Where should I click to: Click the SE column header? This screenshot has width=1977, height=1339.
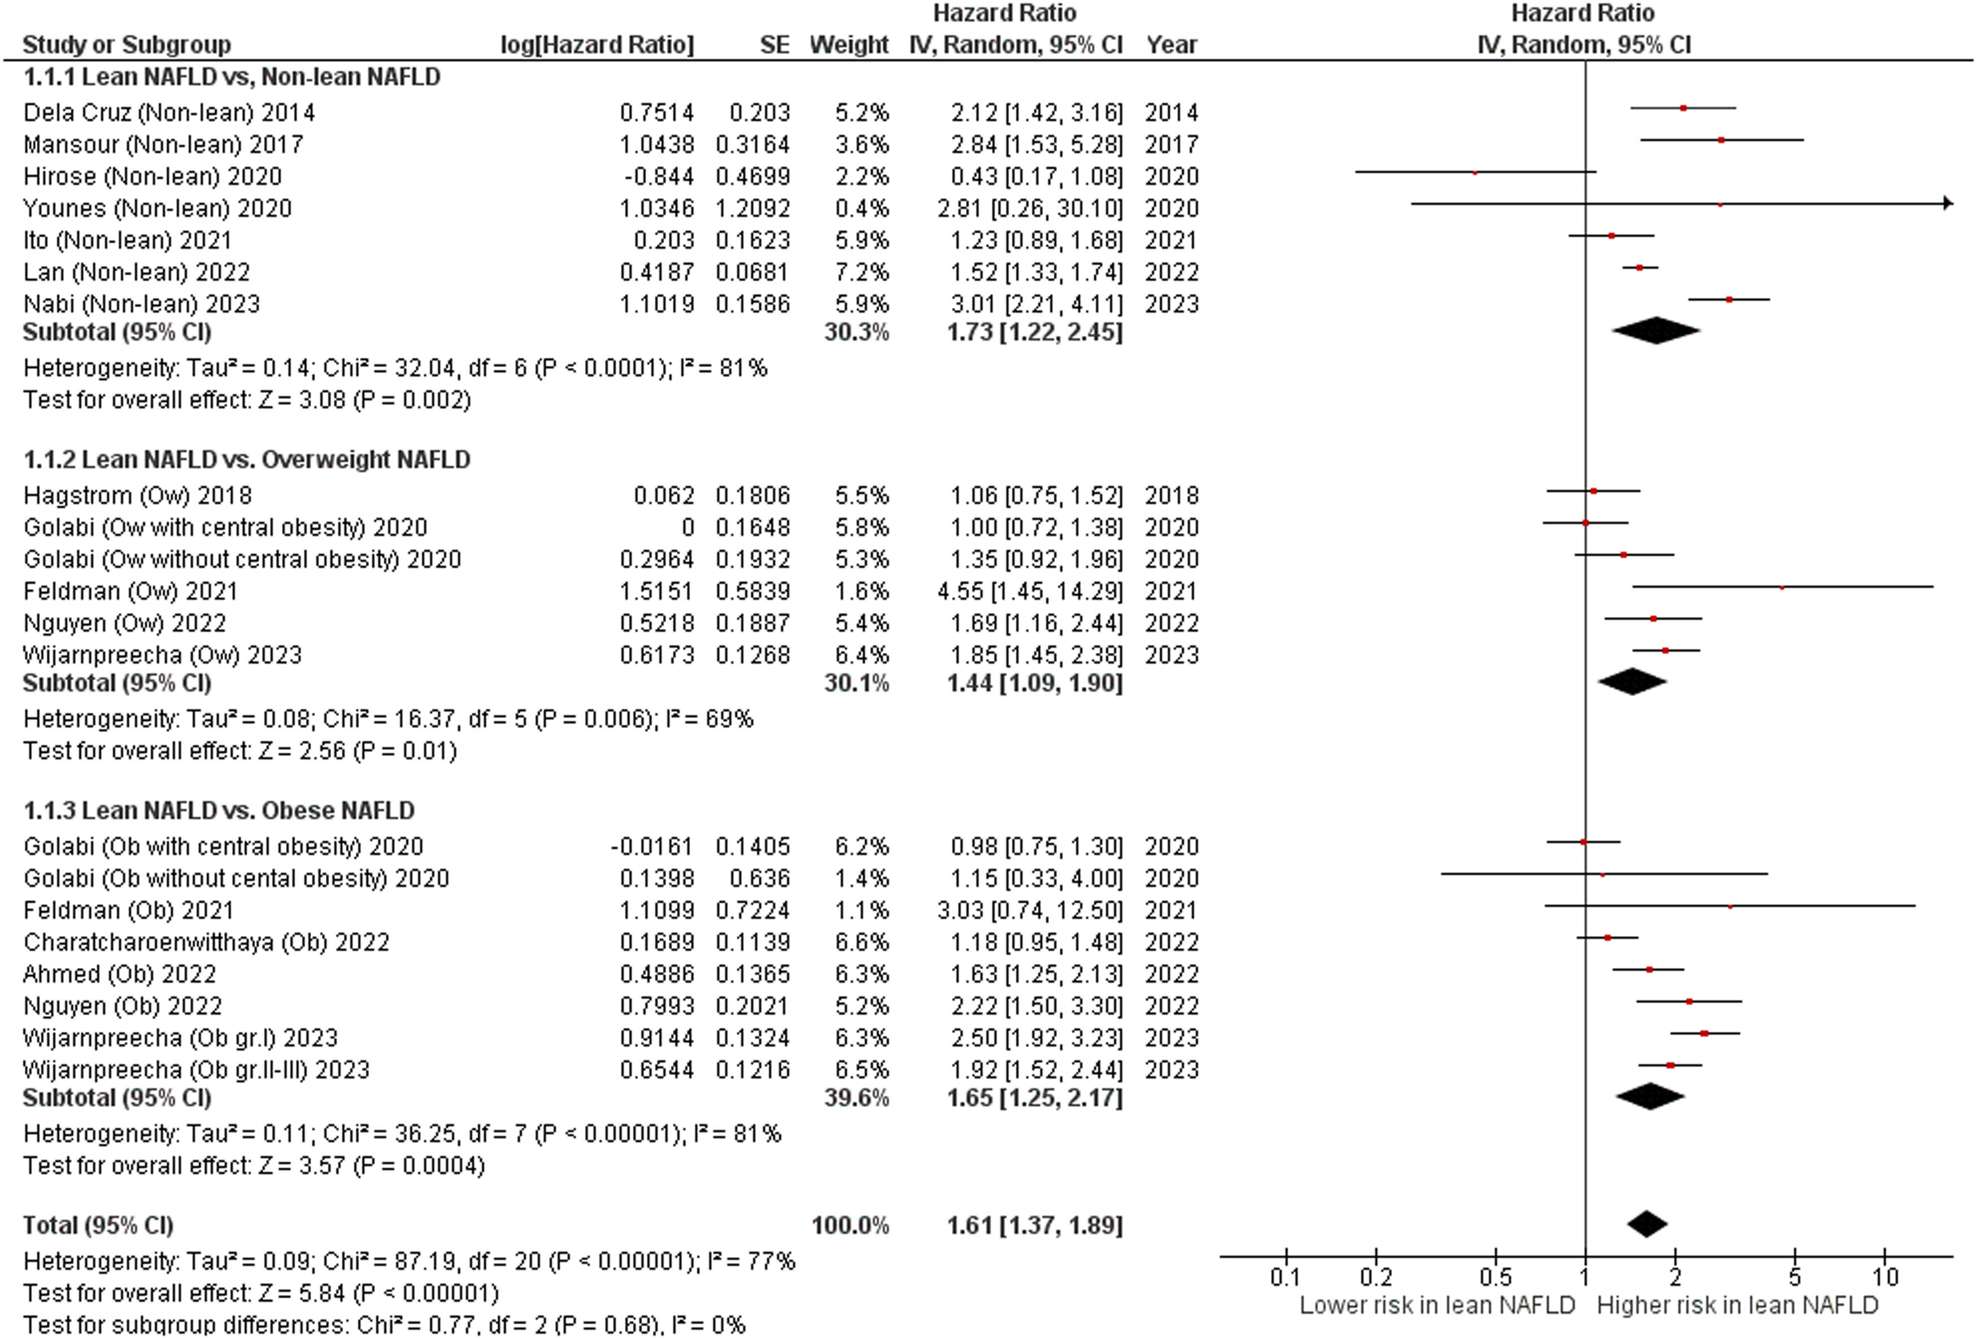click(x=774, y=44)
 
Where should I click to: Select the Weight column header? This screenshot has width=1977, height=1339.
click(x=849, y=44)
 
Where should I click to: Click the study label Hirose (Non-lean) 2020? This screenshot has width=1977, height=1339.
click(x=153, y=176)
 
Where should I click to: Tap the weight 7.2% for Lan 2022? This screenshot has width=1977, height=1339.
click(x=862, y=272)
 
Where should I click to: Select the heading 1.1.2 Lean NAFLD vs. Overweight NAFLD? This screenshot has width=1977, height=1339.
click(x=247, y=459)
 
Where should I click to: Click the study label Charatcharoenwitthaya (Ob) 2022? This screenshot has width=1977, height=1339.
click(x=206, y=942)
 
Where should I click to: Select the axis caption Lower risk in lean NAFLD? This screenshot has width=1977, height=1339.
click(x=1437, y=1306)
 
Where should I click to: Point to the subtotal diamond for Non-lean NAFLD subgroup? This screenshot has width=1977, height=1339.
click(x=1656, y=331)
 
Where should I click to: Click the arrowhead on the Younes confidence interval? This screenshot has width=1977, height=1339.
click(x=1947, y=204)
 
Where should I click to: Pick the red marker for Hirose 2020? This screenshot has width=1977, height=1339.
click(x=1474, y=173)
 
